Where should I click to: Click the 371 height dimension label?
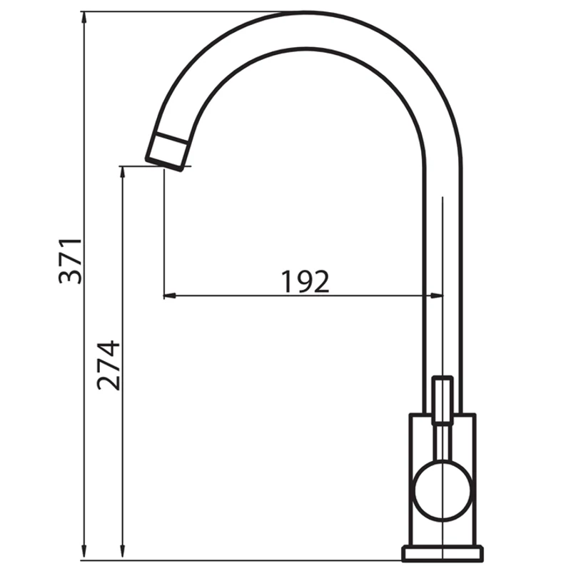[x=70, y=261]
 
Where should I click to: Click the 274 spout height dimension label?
[x=108, y=365]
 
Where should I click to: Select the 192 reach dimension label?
[x=305, y=281]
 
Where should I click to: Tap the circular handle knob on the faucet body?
[x=443, y=490]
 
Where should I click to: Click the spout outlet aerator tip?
[x=167, y=152]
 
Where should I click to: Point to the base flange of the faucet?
[x=443, y=556]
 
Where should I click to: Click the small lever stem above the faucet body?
[x=443, y=400]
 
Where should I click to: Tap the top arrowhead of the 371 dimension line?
[x=84, y=17]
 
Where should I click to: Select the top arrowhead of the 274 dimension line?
[x=122, y=172]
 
